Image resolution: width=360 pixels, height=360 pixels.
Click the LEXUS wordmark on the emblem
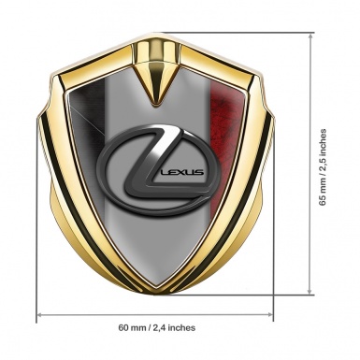[181, 172]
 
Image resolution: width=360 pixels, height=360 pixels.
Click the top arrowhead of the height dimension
[310, 36]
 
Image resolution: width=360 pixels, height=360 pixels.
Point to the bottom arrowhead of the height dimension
[310, 291]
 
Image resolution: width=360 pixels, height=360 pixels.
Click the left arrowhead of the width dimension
[40, 315]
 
